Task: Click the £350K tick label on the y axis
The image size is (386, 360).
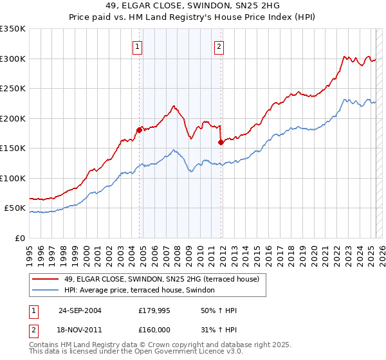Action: (13, 29)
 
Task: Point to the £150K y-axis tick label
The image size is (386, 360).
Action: (13, 148)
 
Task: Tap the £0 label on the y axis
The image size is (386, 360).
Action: (19, 239)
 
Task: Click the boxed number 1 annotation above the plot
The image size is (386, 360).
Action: (138, 46)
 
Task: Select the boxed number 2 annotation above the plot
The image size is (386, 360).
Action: (219, 46)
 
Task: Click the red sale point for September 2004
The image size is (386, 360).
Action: (139, 130)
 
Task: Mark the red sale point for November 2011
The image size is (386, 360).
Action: (220, 142)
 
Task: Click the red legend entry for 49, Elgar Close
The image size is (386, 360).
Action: (161, 279)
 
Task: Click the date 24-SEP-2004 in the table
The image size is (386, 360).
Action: (80, 310)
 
